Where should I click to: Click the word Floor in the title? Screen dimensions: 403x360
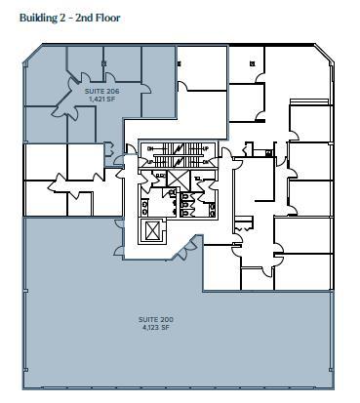pos(107,17)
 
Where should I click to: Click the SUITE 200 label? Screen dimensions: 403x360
pos(154,319)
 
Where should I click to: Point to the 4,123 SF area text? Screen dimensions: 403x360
pos(154,327)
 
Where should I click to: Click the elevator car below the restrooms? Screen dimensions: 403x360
pos(154,231)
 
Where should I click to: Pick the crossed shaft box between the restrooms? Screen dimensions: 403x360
pos(177,180)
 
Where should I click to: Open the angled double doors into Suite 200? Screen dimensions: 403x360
pos(181,254)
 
